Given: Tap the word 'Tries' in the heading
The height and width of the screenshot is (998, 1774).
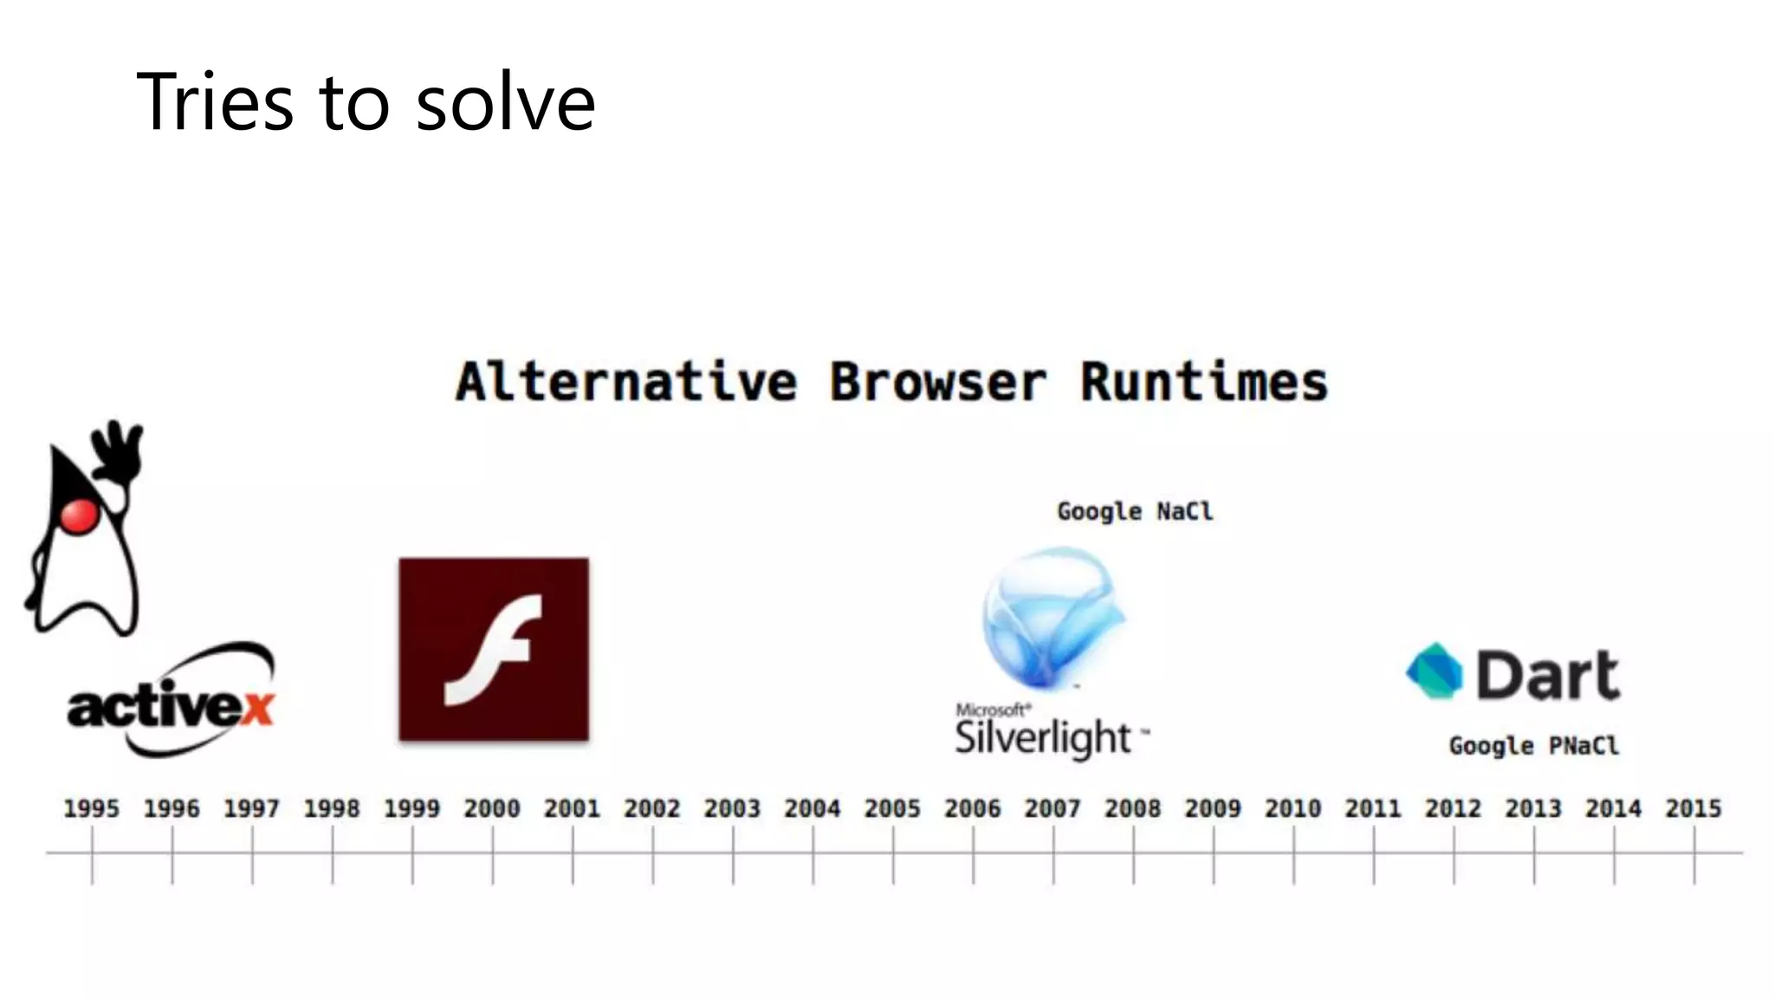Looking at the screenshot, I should [x=215, y=102].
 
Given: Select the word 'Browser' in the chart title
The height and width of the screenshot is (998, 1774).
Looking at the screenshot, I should [x=937, y=382].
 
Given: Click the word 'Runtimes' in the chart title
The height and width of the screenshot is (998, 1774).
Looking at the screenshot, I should [x=1203, y=382].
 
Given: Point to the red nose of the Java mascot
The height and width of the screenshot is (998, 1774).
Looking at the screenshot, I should [x=79, y=515].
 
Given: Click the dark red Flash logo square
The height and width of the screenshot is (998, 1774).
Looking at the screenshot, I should [x=494, y=649].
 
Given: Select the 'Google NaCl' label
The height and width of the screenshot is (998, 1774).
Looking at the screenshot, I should [x=1135, y=511].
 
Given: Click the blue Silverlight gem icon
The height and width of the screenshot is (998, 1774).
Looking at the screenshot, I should [x=1052, y=615].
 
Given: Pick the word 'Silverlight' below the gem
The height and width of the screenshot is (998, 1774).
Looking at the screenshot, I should [x=1043, y=738].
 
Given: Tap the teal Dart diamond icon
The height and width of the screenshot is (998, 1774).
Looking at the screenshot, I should [x=1434, y=671].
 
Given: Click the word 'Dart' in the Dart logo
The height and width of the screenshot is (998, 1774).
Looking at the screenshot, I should [x=1547, y=674].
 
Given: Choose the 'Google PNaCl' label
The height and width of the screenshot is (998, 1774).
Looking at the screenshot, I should [x=1533, y=746].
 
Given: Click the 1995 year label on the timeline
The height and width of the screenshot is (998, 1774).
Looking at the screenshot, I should [x=92, y=808].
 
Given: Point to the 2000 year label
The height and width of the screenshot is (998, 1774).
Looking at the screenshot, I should [x=492, y=808].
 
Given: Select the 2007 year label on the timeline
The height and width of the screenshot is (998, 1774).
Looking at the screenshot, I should [x=1052, y=808].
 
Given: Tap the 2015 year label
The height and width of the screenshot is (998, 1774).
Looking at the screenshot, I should [x=1693, y=808].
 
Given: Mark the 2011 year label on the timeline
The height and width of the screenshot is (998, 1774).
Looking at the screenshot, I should [x=1373, y=808].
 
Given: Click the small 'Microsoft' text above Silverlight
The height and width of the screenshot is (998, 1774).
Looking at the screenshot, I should [x=993, y=710].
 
